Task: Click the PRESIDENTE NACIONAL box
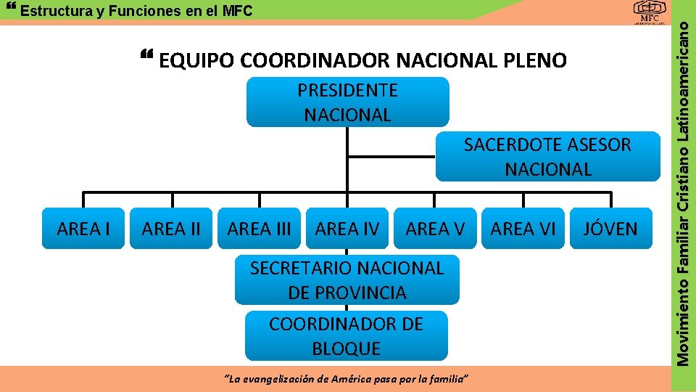(x=347, y=102)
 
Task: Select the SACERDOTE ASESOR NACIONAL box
(x=547, y=157)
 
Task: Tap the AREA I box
(x=83, y=229)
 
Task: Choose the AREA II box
(x=171, y=229)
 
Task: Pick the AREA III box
(x=259, y=229)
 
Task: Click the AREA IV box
(x=347, y=229)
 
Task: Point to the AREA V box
(x=435, y=229)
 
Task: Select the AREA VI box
(x=523, y=229)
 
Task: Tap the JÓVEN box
(x=610, y=229)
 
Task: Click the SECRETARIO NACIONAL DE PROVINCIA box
(x=347, y=280)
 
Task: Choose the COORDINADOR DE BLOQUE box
(x=346, y=336)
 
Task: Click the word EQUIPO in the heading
(x=196, y=61)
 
